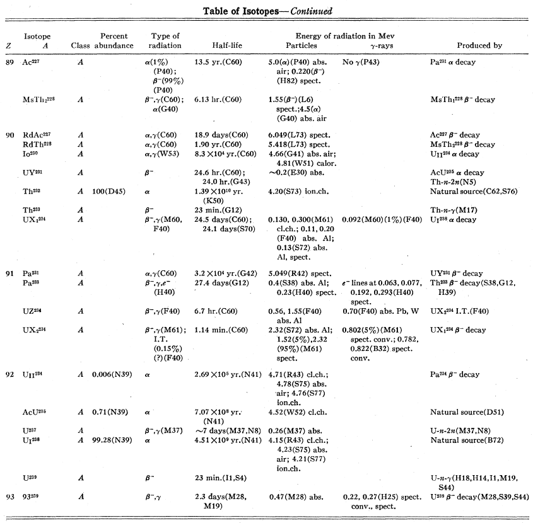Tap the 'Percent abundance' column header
(114, 41)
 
